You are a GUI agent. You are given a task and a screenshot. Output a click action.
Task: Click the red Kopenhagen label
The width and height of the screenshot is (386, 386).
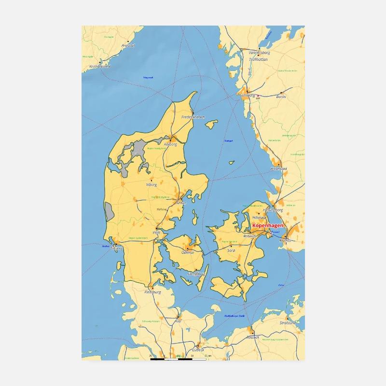click(x=268, y=226)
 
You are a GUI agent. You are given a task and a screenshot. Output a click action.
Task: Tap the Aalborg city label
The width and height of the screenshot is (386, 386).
click(x=171, y=144)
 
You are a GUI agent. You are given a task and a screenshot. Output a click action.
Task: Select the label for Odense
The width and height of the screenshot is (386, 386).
click(x=187, y=252)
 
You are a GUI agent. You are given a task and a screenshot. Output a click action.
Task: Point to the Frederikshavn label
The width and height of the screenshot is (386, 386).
click(x=193, y=117)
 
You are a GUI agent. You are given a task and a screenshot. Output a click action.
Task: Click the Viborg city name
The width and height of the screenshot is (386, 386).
click(x=151, y=184)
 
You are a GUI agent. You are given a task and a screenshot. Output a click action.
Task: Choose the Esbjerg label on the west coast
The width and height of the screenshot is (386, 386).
click(x=117, y=248)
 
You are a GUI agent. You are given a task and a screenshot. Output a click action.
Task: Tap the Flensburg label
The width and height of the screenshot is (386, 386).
click(x=152, y=292)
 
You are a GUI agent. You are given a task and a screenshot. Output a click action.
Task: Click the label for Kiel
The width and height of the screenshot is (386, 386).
click(x=178, y=320)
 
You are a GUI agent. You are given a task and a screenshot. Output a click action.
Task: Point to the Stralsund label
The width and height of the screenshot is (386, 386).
click(x=288, y=322)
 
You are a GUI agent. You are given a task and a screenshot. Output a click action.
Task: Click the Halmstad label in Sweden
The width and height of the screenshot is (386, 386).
click(x=279, y=169)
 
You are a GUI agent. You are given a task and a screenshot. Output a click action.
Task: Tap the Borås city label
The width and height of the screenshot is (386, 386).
click(x=281, y=96)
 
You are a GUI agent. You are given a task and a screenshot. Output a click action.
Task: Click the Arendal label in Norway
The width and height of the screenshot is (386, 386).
click(x=128, y=45)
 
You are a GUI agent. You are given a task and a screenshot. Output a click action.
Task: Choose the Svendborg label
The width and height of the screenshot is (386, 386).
click(x=196, y=274)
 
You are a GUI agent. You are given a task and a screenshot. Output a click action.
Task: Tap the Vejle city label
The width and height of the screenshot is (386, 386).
click(x=156, y=232)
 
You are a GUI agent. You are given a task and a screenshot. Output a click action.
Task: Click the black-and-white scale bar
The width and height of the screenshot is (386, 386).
click(x=178, y=359)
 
